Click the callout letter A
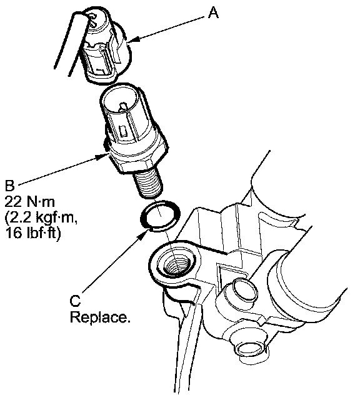[x=213, y=12]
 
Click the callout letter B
[x=10, y=186]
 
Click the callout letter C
[x=75, y=301]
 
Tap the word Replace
[x=100, y=317]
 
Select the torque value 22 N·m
[x=29, y=202]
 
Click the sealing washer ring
[x=160, y=216]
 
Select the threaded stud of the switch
[x=148, y=183]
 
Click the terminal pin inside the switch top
[x=122, y=106]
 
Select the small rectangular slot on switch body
[x=122, y=131]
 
